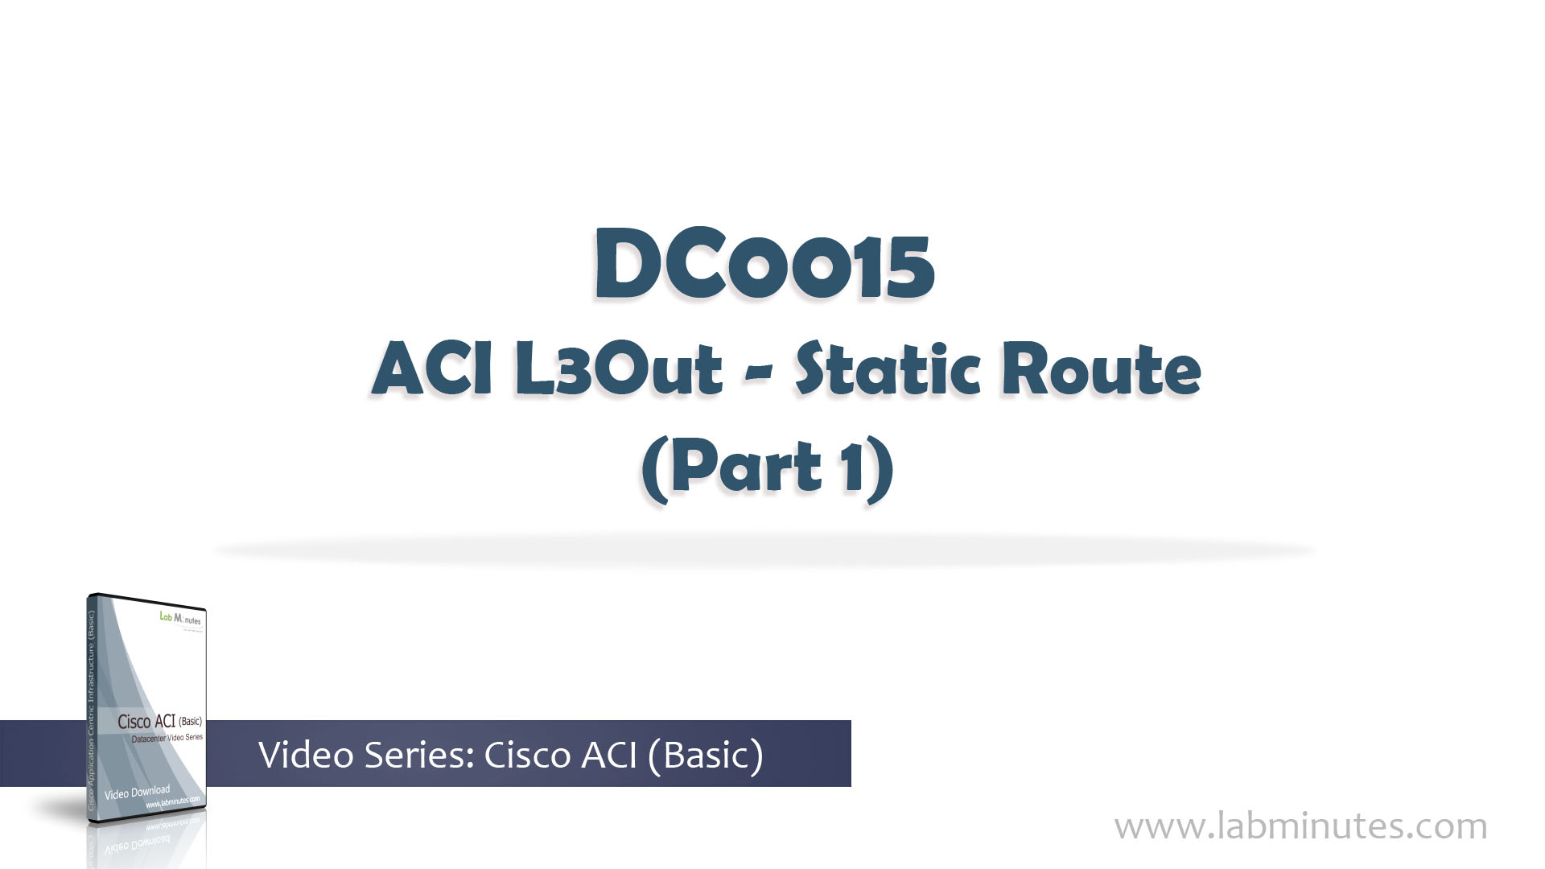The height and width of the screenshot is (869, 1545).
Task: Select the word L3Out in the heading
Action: click(618, 370)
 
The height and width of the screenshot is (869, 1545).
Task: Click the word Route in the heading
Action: click(1101, 370)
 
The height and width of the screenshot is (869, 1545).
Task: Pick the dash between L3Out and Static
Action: click(760, 375)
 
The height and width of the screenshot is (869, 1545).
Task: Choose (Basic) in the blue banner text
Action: click(704, 755)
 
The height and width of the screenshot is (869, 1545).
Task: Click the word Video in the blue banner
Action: click(307, 755)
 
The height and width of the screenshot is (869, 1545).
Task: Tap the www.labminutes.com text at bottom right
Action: click(1300, 826)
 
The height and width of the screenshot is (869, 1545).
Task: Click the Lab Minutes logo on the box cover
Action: click(180, 619)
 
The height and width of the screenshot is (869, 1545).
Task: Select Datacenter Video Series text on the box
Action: click(167, 738)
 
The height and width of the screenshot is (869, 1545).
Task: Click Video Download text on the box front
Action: click(137, 793)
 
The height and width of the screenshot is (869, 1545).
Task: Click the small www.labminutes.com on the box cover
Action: click(172, 802)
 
